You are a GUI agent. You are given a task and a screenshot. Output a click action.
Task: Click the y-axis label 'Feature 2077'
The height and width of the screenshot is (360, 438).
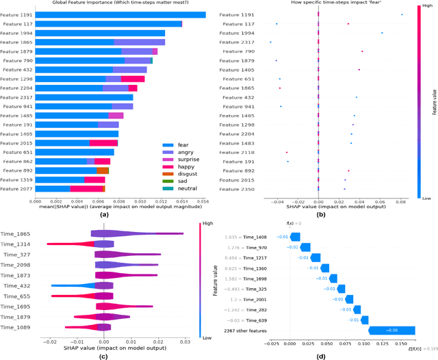[16, 188]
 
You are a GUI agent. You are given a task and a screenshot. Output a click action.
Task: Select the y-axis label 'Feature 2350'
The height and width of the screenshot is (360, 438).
[237, 189]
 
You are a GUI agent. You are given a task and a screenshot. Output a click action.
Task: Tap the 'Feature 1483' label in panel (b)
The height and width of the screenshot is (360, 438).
[237, 143]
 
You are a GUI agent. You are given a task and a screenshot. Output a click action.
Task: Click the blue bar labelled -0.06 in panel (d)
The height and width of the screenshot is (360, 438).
[392, 331]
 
